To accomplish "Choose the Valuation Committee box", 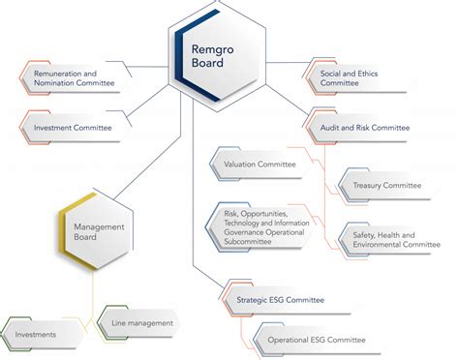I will tap(260, 165).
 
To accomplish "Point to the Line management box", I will tap(141, 322).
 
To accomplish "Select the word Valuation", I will tap(240, 165).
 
